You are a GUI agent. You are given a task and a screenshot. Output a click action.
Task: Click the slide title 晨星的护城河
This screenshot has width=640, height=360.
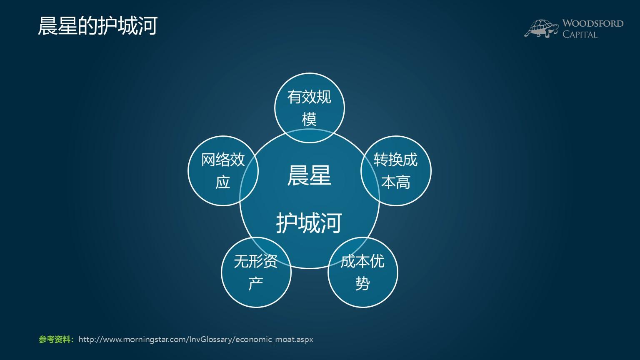click(97, 26)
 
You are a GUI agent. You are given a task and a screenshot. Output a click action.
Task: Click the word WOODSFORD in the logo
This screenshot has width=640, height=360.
click(592, 23)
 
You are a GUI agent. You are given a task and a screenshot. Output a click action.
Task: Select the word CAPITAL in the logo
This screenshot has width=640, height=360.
click(580, 35)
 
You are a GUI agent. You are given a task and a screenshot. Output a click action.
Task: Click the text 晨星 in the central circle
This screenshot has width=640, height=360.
click(309, 175)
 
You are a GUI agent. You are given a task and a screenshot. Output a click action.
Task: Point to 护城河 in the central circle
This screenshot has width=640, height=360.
click(309, 222)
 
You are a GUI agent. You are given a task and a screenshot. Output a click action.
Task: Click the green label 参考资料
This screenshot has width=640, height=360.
click(56, 339)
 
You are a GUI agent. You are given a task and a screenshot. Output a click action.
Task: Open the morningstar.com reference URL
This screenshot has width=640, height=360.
click(195, 339)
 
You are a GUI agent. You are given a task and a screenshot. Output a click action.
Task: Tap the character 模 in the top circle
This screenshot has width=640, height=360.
click(309, 119)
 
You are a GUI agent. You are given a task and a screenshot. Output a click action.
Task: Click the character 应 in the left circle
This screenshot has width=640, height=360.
click(223, 182)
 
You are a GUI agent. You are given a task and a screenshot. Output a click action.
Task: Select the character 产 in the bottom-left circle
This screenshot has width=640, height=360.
click(255, 284)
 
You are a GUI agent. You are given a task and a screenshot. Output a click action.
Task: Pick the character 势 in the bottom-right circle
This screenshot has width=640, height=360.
click(362, 284)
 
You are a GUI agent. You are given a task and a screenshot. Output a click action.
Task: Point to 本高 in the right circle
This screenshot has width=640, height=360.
click(396, 182)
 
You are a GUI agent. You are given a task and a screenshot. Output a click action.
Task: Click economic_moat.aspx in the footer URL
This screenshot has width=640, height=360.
click(274, 339)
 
